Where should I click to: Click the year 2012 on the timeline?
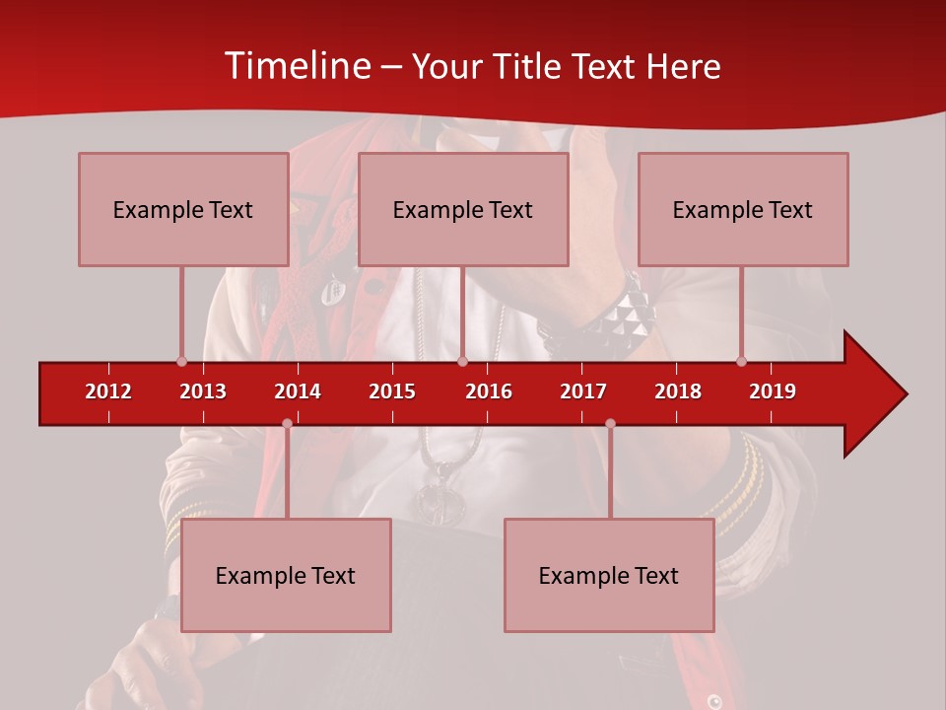pos(108,391)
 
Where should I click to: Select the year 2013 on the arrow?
pos(203,391)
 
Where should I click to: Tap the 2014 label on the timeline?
pos(298,391)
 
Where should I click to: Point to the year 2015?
pos(392,391)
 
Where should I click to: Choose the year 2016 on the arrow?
pos(489,391)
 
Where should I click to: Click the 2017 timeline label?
pos(583,391)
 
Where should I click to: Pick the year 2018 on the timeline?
pos(678,391)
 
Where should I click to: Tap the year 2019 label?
pos(773,391)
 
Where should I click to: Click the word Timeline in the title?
pos(297,66)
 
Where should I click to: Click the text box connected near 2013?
pos(183,209)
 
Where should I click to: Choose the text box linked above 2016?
pos(463,209)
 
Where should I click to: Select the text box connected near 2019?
pos(743,209)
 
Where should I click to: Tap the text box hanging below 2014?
pos(286,575)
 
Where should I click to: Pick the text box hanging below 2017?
pos(609,575)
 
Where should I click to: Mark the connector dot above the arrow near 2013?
pos(181,361)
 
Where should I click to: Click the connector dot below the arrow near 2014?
pos(287,423)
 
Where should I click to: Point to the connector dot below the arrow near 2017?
pos(610,423)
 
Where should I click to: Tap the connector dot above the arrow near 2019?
pos(741,361)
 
